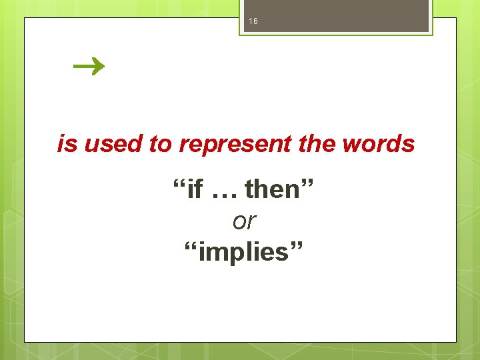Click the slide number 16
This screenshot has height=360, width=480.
pyautogui.click(x=253, y=22)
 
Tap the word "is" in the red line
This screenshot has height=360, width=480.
pyautogui.click(x=67, y=144)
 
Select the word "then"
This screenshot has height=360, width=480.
pyautogui.click(x=272, y=190)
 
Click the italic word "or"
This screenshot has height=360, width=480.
pyautogui.click(x=245, y=221)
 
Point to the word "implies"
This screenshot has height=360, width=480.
pyautogui.click(x=244, y=253)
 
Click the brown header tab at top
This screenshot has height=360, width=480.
pyautogui.click(x=336, y=16)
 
